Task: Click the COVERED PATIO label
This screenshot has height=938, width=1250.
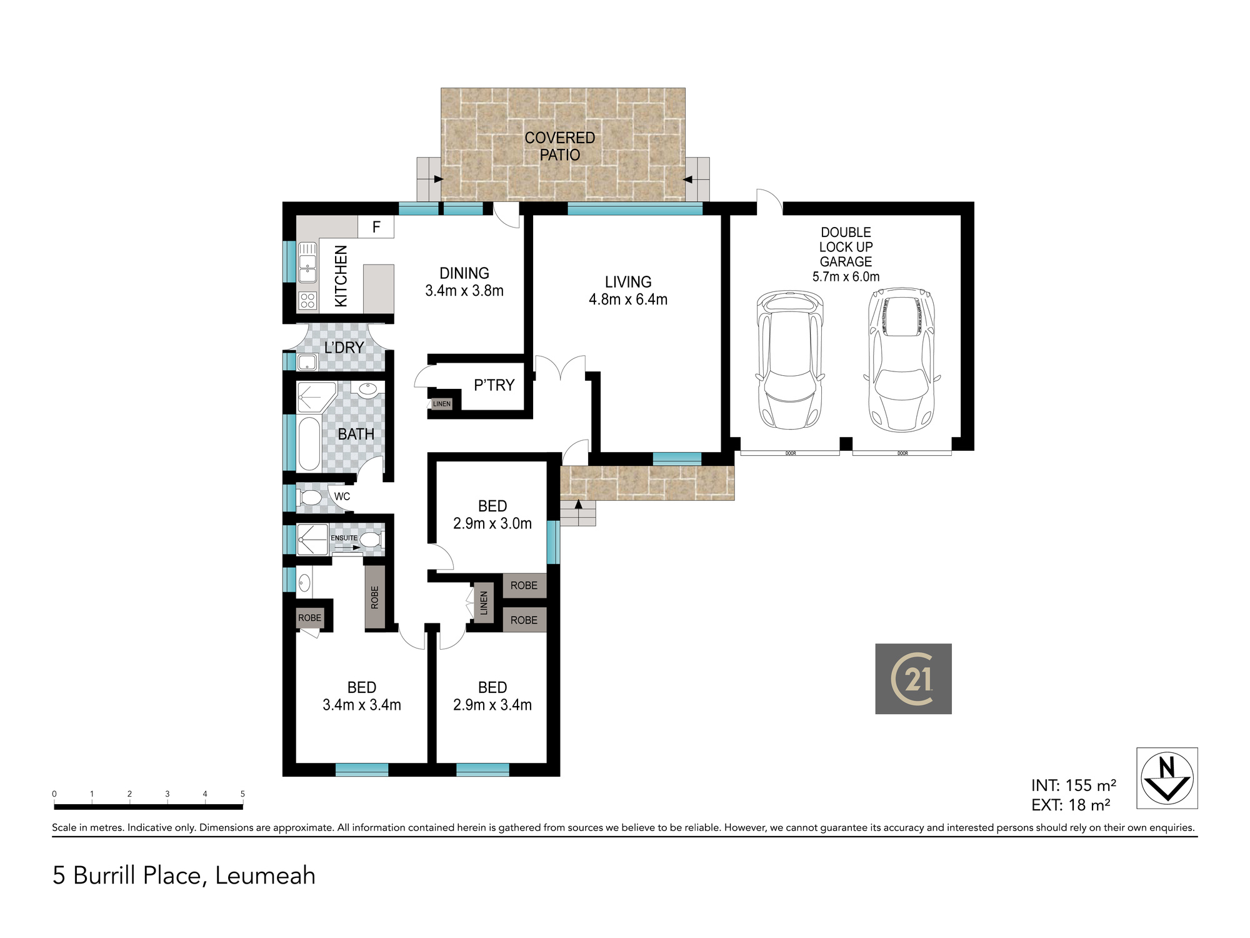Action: click(x=559, y=146)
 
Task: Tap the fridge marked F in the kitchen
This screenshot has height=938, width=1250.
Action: click(x=376, y=226)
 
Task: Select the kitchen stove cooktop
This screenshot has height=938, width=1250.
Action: click(x=307, y=301)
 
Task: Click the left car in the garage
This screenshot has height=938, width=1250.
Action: click(x=790, y=360)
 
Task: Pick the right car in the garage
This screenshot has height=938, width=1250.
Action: click(x=902, y=360)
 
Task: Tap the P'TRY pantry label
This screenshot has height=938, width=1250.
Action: click(x=494, y=385)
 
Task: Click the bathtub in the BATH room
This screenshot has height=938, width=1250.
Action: click(x=309, y=443)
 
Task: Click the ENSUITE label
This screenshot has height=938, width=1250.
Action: click(x=344, y=538)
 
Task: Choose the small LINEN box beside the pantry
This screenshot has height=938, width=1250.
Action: click(x=441, y=404)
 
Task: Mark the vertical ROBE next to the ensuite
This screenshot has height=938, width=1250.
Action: click(x=374, y=597)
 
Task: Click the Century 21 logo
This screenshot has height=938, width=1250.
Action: click(x=913, y=678)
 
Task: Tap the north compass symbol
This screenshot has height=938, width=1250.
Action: click(x=1167, y=779)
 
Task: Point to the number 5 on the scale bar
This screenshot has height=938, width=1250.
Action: click(x=242, y=794)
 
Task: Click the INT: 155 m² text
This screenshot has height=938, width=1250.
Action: click(x=1074, y=785)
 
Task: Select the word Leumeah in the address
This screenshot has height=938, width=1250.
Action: click(x=265, y=875)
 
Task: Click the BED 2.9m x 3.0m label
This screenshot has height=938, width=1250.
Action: click(x=492, y=515)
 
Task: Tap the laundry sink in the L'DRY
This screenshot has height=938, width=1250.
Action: click(x=307, y=362)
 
